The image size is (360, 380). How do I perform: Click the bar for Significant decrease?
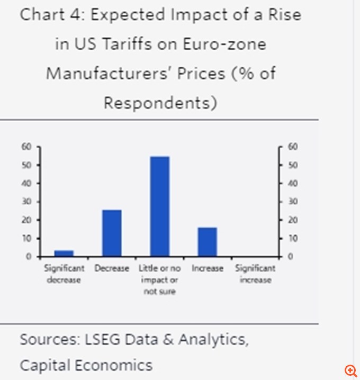64,253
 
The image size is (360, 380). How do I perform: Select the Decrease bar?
112,233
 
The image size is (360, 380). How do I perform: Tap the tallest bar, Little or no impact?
159,206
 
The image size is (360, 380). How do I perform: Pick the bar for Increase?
208,242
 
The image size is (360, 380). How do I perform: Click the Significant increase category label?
255,274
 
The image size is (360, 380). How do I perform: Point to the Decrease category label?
112,268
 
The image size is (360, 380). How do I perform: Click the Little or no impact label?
159,280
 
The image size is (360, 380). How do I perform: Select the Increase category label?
208,268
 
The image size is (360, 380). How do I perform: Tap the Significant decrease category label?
64,274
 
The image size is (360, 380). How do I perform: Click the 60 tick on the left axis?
27,147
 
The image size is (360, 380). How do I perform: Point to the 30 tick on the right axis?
291,202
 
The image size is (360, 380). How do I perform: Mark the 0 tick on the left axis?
29,257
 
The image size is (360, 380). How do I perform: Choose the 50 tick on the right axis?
291,165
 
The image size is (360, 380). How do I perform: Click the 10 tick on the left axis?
27,238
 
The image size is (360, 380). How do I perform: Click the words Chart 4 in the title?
50,15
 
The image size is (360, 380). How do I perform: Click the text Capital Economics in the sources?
86,365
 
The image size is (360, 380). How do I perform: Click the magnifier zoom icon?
350,370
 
